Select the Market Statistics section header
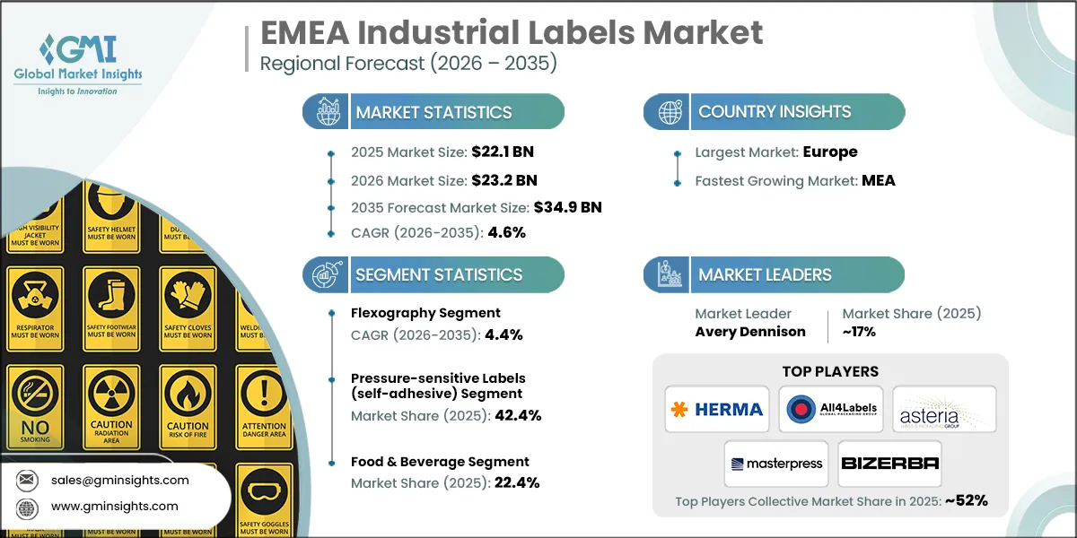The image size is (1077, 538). point(433,112)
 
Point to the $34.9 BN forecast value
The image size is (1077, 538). point(567,207)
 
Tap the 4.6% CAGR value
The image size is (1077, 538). point(506,232)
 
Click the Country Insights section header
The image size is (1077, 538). point(774,112)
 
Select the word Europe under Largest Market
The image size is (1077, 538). point(829,152)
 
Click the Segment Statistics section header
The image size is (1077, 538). point(438,274)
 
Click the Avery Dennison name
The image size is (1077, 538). point(750,331)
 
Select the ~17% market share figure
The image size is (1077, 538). point(859,331)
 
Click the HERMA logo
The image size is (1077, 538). point(716,410)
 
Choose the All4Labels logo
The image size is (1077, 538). point(830,410)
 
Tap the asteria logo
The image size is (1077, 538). point(944,411)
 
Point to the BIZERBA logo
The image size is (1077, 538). point(889,464)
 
